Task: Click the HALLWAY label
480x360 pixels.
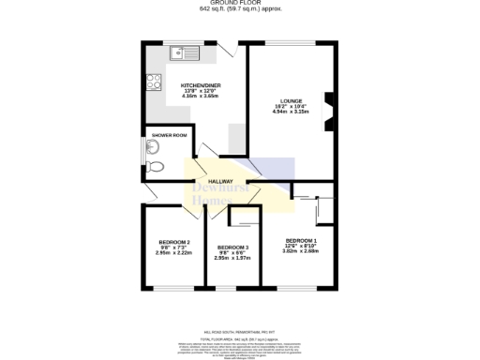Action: pos(220,181)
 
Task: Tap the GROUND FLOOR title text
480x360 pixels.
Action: pos(240,4)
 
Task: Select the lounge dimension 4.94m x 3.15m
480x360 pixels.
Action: pos(291,112)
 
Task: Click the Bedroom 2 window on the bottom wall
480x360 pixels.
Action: pos(174,287)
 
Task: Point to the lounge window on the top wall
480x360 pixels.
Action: pos(291,43)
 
